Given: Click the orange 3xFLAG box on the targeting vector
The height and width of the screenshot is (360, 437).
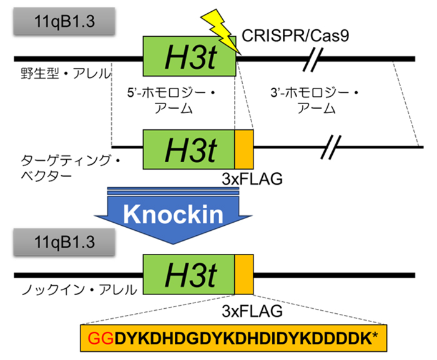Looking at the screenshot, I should tap(244, 148).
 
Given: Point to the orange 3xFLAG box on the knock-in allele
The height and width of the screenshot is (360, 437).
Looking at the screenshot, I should tap(244, 275).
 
